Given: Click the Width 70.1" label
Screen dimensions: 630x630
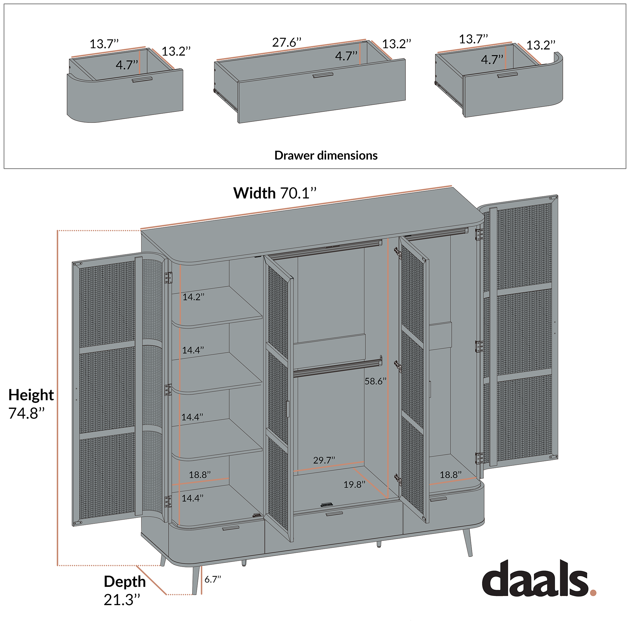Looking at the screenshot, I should pyautogui.click(x=275, y=193).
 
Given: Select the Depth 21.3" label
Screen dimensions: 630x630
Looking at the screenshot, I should pyautogui.click(x=124, y=591).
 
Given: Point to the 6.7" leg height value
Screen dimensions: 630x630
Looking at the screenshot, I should pyautogui.click(x=213, y=579).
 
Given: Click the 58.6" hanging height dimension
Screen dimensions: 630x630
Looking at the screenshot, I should pyautogui.click(x=375, y=381).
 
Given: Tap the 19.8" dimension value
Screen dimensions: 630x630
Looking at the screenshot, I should pyautogui.click(x=354, y=484).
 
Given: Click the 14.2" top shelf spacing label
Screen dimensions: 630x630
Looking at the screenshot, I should pyautogui.click(x=193, y=297).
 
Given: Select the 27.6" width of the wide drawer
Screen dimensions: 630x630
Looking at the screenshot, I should pyautogui.click(x=287, y=43).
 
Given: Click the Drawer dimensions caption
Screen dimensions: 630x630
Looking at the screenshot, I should pyautogui.click(x=325, y=155).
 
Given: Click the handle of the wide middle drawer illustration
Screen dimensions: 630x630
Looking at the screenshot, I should pyautogui.click(x=323, y=75).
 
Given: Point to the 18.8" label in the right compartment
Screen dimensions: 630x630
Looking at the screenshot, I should pyautogui.click(x=450, y=474).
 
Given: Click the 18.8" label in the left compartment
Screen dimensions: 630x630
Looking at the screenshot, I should pyautogui.click(x=200, y=474).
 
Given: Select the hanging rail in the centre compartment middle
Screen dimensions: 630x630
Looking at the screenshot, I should pyautogui.click(x=337, y=368).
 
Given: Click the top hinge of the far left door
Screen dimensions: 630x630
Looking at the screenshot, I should pyautogui.click(x=168, y=278).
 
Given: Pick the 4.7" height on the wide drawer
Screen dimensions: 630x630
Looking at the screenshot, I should pyautogui.click(x=346, y=56).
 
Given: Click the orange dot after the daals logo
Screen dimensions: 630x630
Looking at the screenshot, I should pyautogui.click(x=593, y=593).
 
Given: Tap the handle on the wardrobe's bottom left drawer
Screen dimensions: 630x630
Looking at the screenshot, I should pyautogui.click(x=231, y=528).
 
